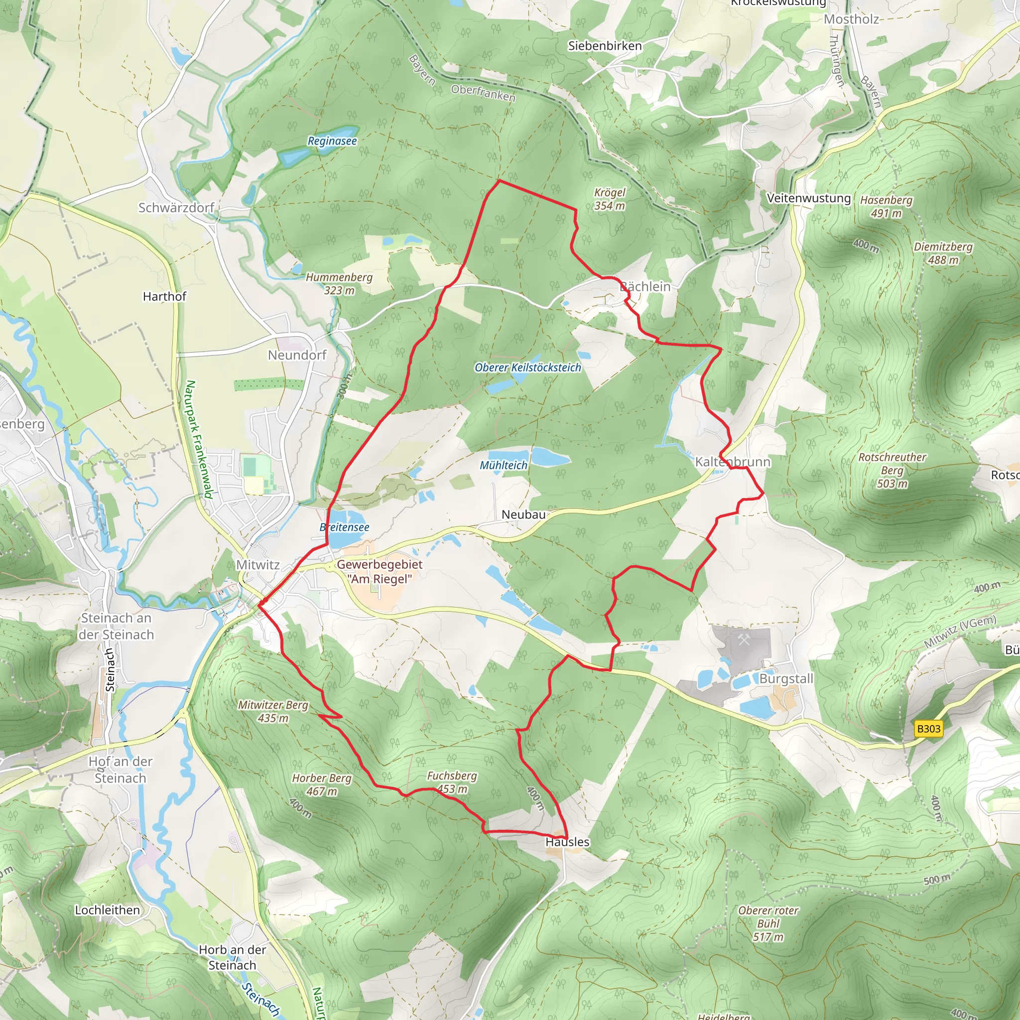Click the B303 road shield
pyautogui.click(x=928, y=729)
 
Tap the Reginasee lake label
pyautogui.click(x=332, y=141)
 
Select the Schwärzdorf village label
pyautogui.click(x=176, y=208)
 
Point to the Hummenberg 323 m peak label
pyautogui.click(x=339, y=283)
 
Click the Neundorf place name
pyautogui.click(x=297, y=355)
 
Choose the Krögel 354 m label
pyautogui.click(x=609, y=199)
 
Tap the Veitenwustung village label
pyautogui.click(x=808, y=198)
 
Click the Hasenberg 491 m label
pyautogui.click(x=886, y=206)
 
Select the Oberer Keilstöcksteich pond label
pyautogui.click(x=527, y=368)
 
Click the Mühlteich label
pyautogui.click(x=503, y=465)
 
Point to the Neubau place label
pyautogui.click(x=523, y=514)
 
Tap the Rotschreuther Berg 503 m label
pyautogui.click(x=892, y=470)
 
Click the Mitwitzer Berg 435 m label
pyautogui.click(x=272, y=711)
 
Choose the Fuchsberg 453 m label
pyautogui.click(x=452, y=782)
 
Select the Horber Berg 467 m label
pyautogui.click(x=322, y=784)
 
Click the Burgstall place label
pyautogui.click(x=786, y=679)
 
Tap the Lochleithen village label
pyautogui.click(x=107, y=909)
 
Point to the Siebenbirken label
pyautogui.click(x=605, y=46)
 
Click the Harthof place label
pyautogui.click(x=164, y=296)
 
